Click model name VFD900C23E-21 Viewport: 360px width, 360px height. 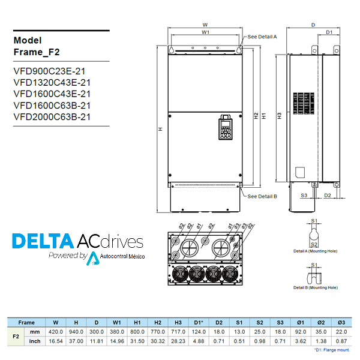(x=52, y=70)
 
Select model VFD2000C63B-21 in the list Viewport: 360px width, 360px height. (x=52, y=117)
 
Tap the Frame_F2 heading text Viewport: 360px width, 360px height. (x=37, y=52)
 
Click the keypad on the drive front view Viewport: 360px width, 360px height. (x=225, y=127)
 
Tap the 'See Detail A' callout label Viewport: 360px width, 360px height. (x=262, y=37)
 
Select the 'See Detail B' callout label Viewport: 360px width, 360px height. (x=262, y=196)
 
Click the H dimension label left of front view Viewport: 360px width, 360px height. (x=160, y=128)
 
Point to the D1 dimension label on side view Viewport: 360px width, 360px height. (x=329, y=32)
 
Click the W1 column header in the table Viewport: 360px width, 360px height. (x=117, y=322)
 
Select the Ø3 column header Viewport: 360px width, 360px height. (x=341, y=322)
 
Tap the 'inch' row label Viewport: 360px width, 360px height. (x=35, y=341)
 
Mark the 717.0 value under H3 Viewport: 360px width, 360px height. (x=178, y=332)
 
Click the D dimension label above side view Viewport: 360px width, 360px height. (x=313, y=25)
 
